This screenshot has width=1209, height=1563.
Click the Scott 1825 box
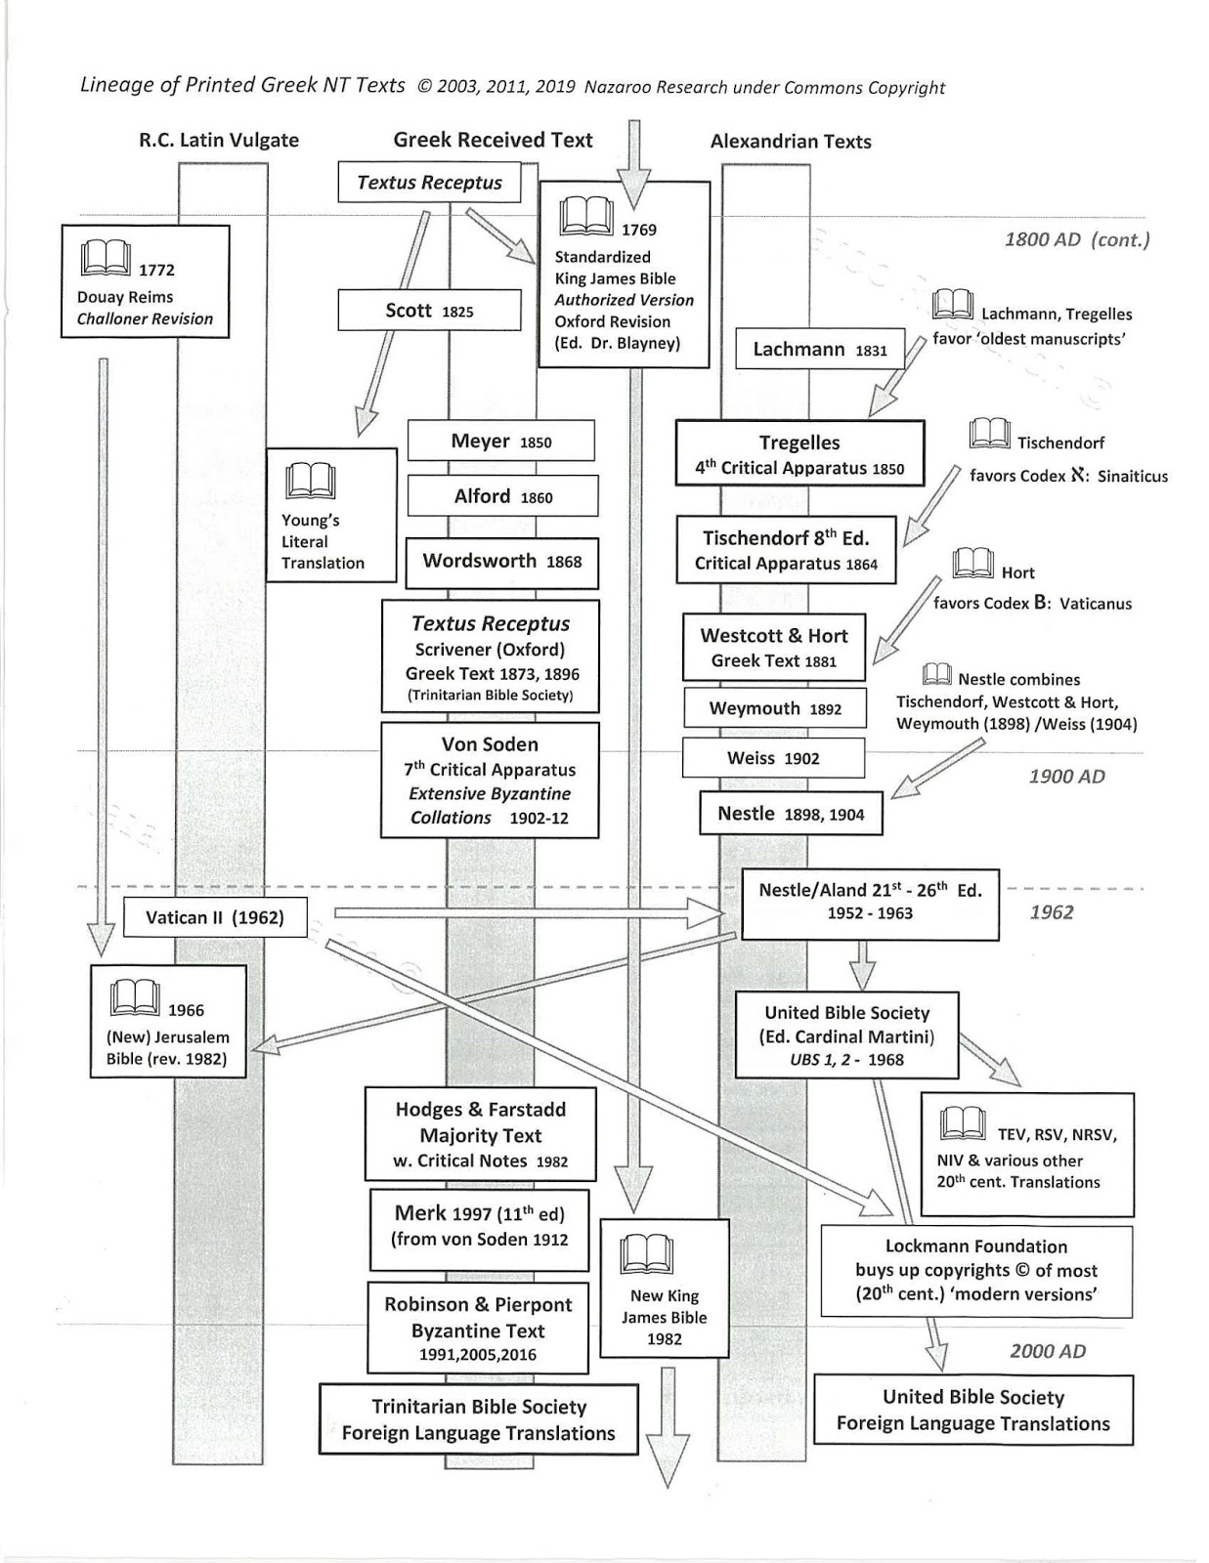(x=429, y=311)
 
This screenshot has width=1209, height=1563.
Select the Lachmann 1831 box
(x=819, y=349)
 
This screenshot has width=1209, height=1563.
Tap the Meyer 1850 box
(x=500, y=441)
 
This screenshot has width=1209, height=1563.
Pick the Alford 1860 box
(x=502, y=496)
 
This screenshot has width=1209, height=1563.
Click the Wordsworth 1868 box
(x=501, y=562)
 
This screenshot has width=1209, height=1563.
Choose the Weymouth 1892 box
(x=774, y=708)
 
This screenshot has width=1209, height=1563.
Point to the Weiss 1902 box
(x=772, y=758)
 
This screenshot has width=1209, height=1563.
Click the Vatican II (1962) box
(x=215, y=917)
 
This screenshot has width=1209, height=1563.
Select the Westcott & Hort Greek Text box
(x=773, y=648)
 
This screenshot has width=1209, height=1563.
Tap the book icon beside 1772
(x=105, y=259)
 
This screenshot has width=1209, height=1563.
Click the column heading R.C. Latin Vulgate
(x=218, y=140)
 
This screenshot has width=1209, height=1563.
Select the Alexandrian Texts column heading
(x=791, y=141)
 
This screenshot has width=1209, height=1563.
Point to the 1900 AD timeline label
(x=1067, y=776)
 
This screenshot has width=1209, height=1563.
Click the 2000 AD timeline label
(x=1048, y=1351)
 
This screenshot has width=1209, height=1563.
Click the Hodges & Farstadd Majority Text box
(x=480, y=1134)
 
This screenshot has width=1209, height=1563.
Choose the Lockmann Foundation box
(x=975, y=1270)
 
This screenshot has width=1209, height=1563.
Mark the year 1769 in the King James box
(x=639, y=231)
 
